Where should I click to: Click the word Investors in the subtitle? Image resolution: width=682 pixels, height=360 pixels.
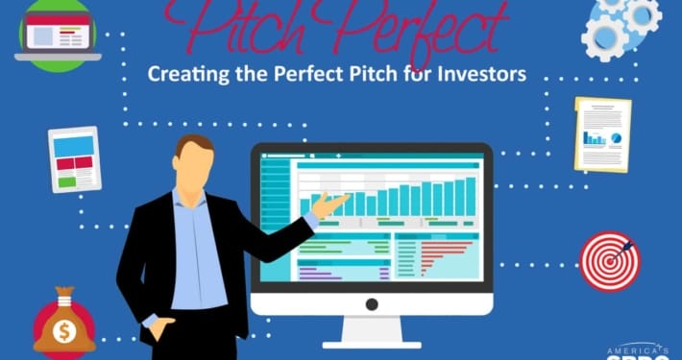pyautogui.click(x=476, y=74)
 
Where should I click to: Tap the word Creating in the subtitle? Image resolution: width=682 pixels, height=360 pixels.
pyautogui.click(x=186, y=74)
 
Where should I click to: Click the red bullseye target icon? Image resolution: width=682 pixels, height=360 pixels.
pyautogui.click(x=609, y=262)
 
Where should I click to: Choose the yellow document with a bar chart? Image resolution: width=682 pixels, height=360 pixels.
pyautogui.click(x=602, y=133)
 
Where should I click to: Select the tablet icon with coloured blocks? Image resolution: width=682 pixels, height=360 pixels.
pyautogui.click(x=75, y=159)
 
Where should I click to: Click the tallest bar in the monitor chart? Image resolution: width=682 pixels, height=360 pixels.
pyautogui.click(x=472, y=196)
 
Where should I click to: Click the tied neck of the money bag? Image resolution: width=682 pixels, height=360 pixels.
pyautogui.click(x=64, y=306)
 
